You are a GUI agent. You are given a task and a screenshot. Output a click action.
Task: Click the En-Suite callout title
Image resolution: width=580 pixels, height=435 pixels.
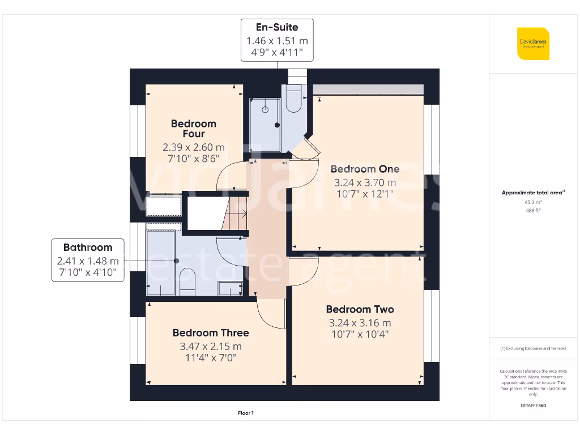(277, 27)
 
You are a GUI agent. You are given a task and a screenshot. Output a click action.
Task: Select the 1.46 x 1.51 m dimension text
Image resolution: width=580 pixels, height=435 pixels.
(277, 41)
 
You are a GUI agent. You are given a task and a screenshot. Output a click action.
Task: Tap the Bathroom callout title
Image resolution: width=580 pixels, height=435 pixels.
(88, 248)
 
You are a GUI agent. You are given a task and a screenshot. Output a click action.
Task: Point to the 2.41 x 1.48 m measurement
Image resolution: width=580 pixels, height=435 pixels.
(88, 261)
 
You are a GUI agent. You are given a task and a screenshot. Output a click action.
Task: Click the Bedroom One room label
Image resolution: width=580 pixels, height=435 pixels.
(365, 169)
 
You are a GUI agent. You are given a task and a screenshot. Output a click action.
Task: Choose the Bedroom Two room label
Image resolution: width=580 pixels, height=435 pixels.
(360, 309)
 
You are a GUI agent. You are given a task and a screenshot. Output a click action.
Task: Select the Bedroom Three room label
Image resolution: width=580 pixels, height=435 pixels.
(211, 333)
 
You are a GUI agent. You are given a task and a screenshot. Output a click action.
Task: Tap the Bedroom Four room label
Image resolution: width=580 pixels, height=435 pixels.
(194, 129)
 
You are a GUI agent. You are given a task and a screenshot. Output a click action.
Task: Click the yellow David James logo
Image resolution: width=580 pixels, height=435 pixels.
(533, 44)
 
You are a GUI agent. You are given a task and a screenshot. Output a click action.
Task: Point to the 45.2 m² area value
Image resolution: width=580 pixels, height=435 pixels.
(533, 202)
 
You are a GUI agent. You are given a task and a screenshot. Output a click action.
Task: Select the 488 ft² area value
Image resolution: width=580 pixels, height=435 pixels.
(533, 210)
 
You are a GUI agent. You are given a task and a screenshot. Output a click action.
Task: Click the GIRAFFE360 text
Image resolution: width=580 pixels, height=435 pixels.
(533, 406)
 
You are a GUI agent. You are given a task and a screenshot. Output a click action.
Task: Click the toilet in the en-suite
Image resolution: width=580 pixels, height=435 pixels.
(293, 99)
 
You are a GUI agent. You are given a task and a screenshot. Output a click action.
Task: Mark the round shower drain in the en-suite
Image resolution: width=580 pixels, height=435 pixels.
(265, 110)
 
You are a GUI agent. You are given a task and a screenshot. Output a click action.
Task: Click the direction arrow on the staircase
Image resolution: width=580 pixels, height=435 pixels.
(242, 214)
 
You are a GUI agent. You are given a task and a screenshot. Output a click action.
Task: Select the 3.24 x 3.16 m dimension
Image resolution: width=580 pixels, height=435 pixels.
(360, 323)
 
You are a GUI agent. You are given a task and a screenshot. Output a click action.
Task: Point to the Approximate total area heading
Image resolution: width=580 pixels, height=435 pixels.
(533, 193)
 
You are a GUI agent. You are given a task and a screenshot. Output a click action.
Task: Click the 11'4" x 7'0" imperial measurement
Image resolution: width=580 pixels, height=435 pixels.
(211, 358)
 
